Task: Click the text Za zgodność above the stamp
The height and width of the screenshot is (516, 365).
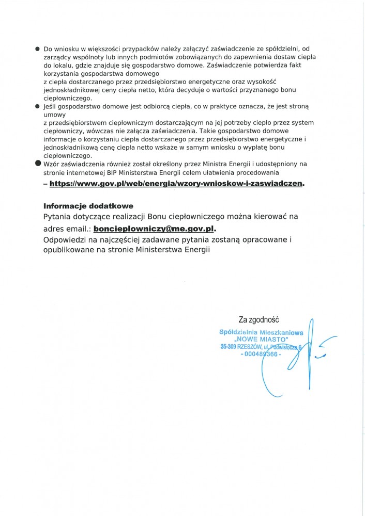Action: (258, 320)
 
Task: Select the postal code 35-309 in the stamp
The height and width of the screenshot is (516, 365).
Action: (229, 348)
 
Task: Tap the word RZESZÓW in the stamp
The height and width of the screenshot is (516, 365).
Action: (252, 348)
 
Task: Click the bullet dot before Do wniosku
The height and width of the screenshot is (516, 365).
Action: (37, 48)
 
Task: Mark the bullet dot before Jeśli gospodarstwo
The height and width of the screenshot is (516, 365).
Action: (37, 106)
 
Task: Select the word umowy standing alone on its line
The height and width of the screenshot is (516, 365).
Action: (53, 115)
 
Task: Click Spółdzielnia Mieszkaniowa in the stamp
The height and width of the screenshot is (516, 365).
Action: (261, 333)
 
